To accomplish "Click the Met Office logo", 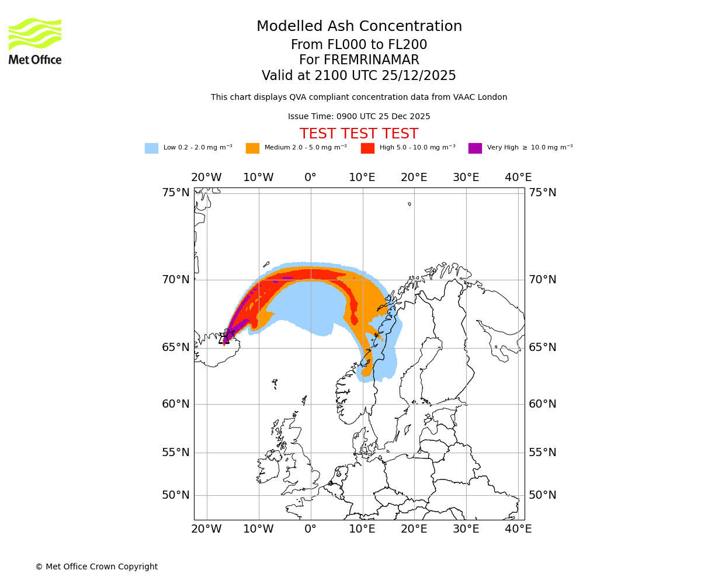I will click(35, 41).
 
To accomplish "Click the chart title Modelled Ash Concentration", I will click(359, 27).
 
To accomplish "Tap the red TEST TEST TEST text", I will click(359, 134).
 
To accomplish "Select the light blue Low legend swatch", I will click(151, 148).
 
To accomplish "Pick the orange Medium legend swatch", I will click(252, 148).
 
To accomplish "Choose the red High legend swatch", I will click(367, 148).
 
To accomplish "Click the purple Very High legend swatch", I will click(475, 148).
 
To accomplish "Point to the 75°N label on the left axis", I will click(176, 193).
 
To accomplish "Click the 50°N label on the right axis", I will click(542, 495).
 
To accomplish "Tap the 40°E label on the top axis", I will click(518, 178).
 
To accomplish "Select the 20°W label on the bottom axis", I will click(206, 529).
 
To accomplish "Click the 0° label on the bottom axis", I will click(311, 529).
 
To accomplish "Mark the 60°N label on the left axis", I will click(176, 404).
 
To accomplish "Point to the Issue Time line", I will click(359, 117).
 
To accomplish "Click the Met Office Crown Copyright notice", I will click(96, 567).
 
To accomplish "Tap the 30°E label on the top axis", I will click(466, 178).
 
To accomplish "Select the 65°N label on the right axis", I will click(542, 347).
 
